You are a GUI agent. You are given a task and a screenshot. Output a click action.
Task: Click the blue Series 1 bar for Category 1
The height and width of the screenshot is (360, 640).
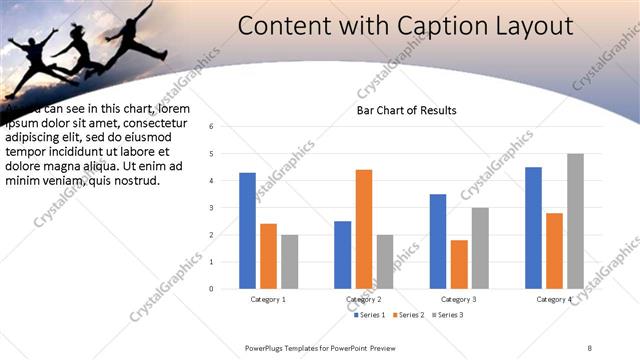(x=247, y=231)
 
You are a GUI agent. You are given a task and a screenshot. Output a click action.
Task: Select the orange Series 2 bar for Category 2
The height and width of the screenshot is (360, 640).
(x=363, y=229)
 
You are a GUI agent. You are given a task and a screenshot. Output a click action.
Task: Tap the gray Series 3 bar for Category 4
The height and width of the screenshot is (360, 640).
(x=575, y=221)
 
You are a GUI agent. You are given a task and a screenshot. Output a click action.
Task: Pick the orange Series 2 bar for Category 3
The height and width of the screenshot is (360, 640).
(x=459, y=264)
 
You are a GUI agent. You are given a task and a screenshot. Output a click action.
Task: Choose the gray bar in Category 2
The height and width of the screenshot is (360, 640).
(x=385, y=262)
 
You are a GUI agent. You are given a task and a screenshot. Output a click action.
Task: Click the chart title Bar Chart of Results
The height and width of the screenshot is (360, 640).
(x=407, y=110)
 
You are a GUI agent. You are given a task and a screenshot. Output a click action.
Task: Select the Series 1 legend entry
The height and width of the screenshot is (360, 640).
(x=369, y=315)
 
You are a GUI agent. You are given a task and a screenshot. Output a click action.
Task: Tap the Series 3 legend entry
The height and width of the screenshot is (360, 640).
(x=449, y=315)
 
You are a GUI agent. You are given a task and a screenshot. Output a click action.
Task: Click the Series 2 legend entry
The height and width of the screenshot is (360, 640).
(x=409, y=315)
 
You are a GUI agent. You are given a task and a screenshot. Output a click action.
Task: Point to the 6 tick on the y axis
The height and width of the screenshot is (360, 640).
(x=211, y=127)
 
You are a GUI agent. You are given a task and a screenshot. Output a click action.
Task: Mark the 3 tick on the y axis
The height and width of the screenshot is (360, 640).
(x=211, y=208)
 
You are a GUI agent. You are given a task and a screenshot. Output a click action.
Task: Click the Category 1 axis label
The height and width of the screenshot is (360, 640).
(x=268, y=299)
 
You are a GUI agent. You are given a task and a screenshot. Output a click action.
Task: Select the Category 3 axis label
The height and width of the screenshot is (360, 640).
(x=459, y=299)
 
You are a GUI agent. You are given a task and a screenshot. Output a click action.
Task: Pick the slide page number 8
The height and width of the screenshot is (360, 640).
(x=589, y=346)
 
